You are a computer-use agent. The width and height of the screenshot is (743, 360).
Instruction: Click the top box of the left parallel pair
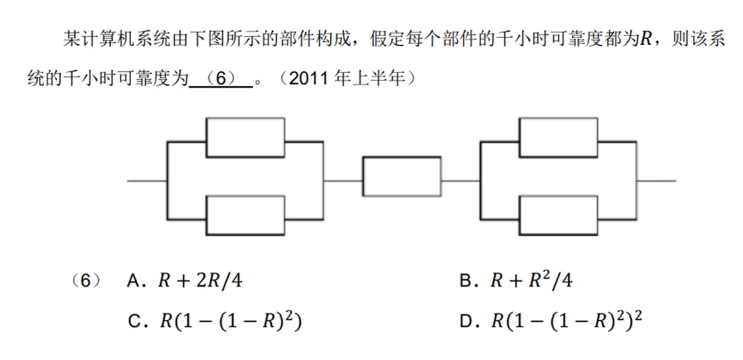(x=245, y=137)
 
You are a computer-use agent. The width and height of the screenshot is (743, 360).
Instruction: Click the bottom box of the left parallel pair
(x=245, y=215)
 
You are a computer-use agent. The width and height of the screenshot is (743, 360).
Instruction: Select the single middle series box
(x=401, y=176)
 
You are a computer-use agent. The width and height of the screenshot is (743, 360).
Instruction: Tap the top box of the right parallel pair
(x=558, y=137)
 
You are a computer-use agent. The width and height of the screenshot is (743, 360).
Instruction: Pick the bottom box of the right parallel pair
(x=558, y=215)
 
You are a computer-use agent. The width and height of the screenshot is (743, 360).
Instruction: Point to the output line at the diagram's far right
(x=657, y=179)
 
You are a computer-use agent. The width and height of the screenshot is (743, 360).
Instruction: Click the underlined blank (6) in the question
(x=221, y=78)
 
